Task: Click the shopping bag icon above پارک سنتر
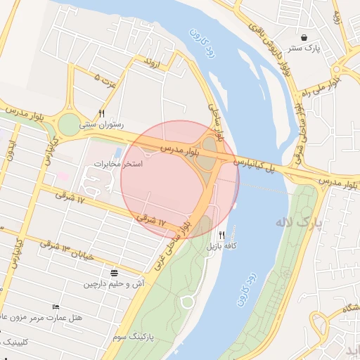(303, 38)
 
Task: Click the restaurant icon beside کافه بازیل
(222, 235)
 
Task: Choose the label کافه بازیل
(217, 247)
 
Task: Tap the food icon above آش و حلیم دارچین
(115, 273)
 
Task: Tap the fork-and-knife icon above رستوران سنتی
(103, 113)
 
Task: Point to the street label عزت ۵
(103, 79)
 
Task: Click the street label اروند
(153, 62)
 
